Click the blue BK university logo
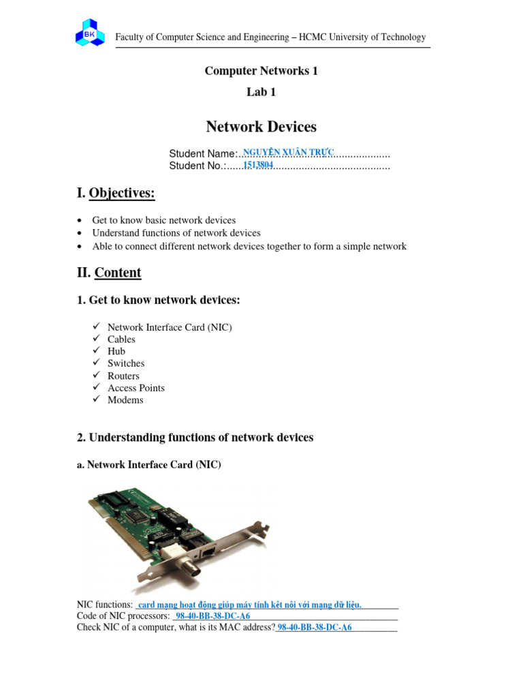[x=90, y=32]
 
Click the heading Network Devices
[x=261, y=127]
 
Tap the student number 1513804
[x=259, y=164]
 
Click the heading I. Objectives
[x=116, y=194]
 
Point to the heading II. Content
[x=110, y=273]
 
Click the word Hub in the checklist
[x=116, y=351]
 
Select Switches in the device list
[x=126, y=363]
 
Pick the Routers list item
[x=123, y=376]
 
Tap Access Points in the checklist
[x=136, y=388]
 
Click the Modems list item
[x=125, y=400]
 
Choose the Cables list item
[x=121, y=339]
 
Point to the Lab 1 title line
[x=261, y=92]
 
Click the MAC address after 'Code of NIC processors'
[x=213, y=616]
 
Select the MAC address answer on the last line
[x=315, y=628]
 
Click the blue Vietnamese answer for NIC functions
[x=250, y=605]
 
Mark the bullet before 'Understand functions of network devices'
[x=81, y=233]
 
